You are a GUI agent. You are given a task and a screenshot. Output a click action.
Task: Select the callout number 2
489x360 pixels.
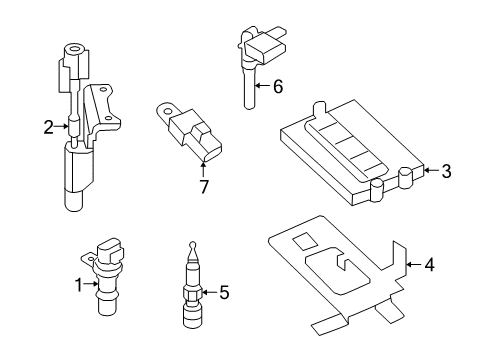point(47,126)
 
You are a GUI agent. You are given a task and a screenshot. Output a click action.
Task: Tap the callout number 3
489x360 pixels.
point(446,171)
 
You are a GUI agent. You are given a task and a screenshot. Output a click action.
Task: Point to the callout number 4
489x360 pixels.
point(429,265)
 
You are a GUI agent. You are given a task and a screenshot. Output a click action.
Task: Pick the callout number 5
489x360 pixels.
point(224,293)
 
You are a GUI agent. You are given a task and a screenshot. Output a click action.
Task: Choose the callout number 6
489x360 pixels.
point(277,87)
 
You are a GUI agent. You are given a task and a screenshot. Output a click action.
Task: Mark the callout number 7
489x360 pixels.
point(203,186)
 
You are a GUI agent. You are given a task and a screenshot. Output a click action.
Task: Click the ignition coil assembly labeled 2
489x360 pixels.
point(80,130)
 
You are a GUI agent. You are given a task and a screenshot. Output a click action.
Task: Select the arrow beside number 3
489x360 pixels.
point(428,171)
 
